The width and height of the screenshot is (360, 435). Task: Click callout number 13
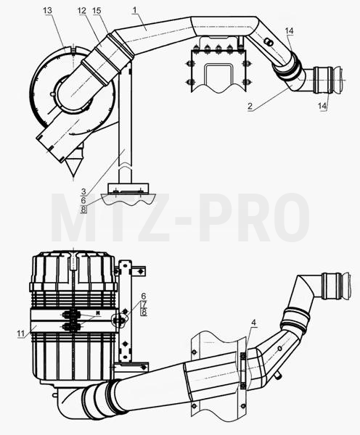tap(47, 11)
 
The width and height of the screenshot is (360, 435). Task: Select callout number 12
tap(82, 11)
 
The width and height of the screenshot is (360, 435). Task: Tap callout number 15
tap(97, 11)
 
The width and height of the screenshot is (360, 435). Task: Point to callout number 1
tap(135, 10)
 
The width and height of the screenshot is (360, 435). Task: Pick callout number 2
tap(250, 106)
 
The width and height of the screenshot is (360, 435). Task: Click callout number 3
tap(83, 191)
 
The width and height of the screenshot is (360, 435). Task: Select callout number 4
tap(253, 323)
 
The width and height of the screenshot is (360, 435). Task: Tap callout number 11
tap(21, 333)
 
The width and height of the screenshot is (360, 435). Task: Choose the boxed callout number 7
tap(144, 304)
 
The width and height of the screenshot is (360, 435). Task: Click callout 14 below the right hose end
tap(322, 105)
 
